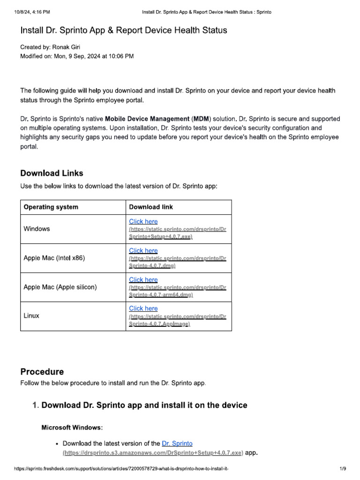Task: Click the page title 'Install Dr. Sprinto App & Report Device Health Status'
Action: pyautogui.click(x=124, y=30)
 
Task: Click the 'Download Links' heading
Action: pyautogui.click(x=52, y=173)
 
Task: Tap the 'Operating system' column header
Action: pyautogui.click(x=51, y=207)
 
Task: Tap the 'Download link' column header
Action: pyautogui.click(x=151, y=207)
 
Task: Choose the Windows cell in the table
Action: pyautogui.click(x=37, y=229)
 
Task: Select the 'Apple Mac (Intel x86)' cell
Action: pyautogui.click(x=54, y=258)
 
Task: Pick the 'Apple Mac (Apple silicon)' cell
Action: pyautogui.click(x=60, y=287)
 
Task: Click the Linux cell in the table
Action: pyautogui.click(x=31, y=315)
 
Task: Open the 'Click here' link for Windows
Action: pyautogui.click(x=143, y=222)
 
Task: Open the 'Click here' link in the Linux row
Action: pyautogui.click(x=143, y=308)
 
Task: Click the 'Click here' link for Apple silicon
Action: pyautogui.click(x=143, y=280)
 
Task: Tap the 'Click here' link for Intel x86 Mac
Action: pyautogui.click(x=143, y=251)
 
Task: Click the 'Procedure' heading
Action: pyautogui.click(x=42, y=372)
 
